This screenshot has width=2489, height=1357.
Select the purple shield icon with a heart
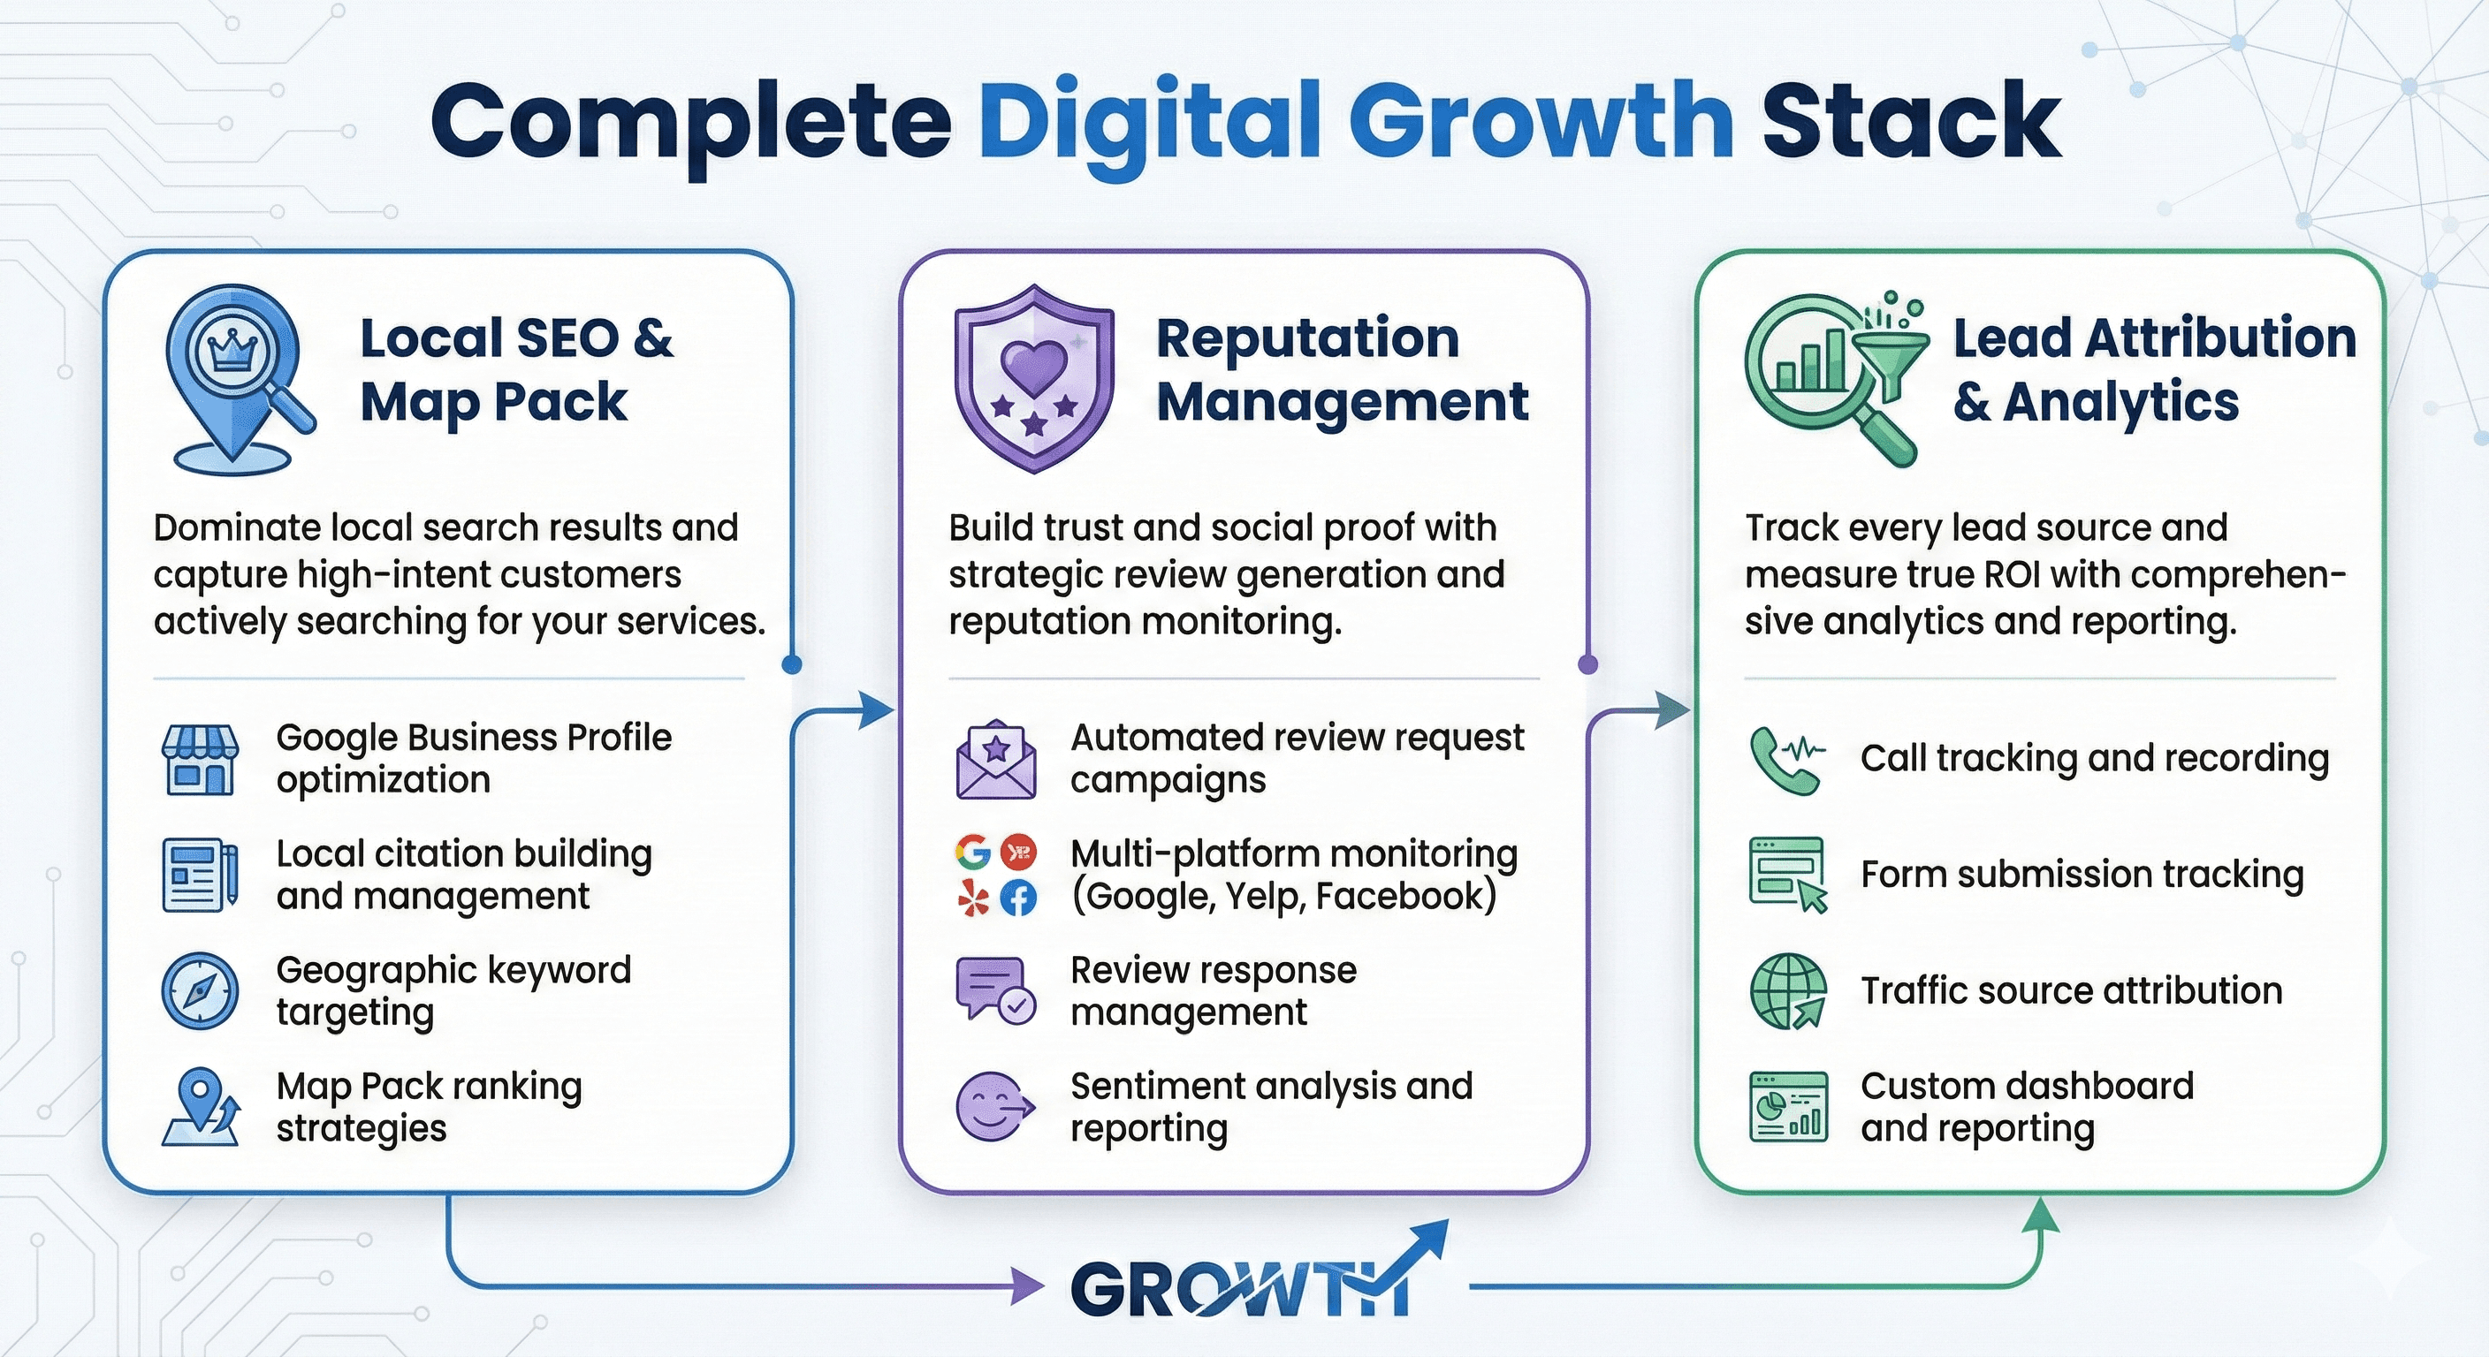click(x=1034, y=376)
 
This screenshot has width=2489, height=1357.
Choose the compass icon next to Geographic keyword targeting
click(x=199, y=991)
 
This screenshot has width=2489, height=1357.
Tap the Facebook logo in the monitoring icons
click(x=1017, y=899)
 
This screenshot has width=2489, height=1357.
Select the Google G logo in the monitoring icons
click(x=973, y=852)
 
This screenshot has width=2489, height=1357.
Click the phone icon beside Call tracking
click(x=1785, y=759)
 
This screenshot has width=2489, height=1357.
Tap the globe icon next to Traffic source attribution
click(x=1787, y=991)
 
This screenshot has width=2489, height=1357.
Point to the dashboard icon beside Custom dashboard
click(x=1787, y=1107)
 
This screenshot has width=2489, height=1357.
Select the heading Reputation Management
click(x=1341, y=369)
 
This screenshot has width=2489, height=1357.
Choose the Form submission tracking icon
click(x=1787, y=874)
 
